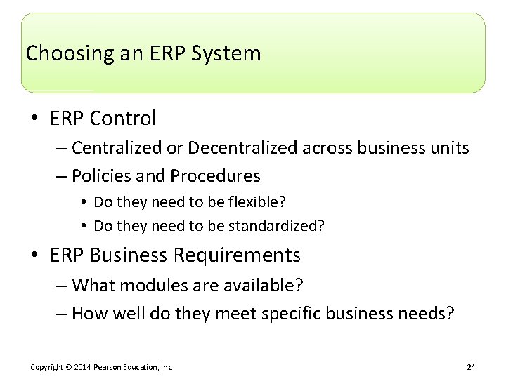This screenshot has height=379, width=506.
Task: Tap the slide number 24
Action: coord(471,367)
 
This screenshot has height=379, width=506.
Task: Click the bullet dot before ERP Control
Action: coord(36,119)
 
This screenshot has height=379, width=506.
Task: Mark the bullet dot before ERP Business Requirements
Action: coord(36,255)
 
